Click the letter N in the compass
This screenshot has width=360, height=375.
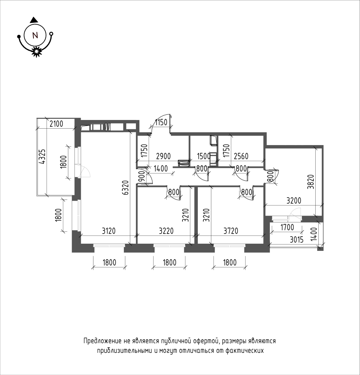coord(35,36)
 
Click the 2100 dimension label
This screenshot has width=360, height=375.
coord(56,124)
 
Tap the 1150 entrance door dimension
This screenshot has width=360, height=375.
coord(161,123)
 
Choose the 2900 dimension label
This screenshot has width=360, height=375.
coord(163,156)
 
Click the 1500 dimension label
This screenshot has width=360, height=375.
coord(203,156)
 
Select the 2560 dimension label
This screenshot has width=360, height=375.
coord(241,156)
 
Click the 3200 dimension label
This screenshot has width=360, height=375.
coord(294,200)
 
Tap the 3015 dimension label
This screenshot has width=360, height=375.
coord(297,240)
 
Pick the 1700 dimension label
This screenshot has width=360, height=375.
coord(287,227)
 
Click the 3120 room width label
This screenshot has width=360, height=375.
coord(108,231)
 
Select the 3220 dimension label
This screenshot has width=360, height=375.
coord(166,231)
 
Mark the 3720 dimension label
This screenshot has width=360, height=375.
coord(231,231)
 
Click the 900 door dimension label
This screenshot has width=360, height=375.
coord(141,177)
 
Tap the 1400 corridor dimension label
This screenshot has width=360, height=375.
coord(161,169)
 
